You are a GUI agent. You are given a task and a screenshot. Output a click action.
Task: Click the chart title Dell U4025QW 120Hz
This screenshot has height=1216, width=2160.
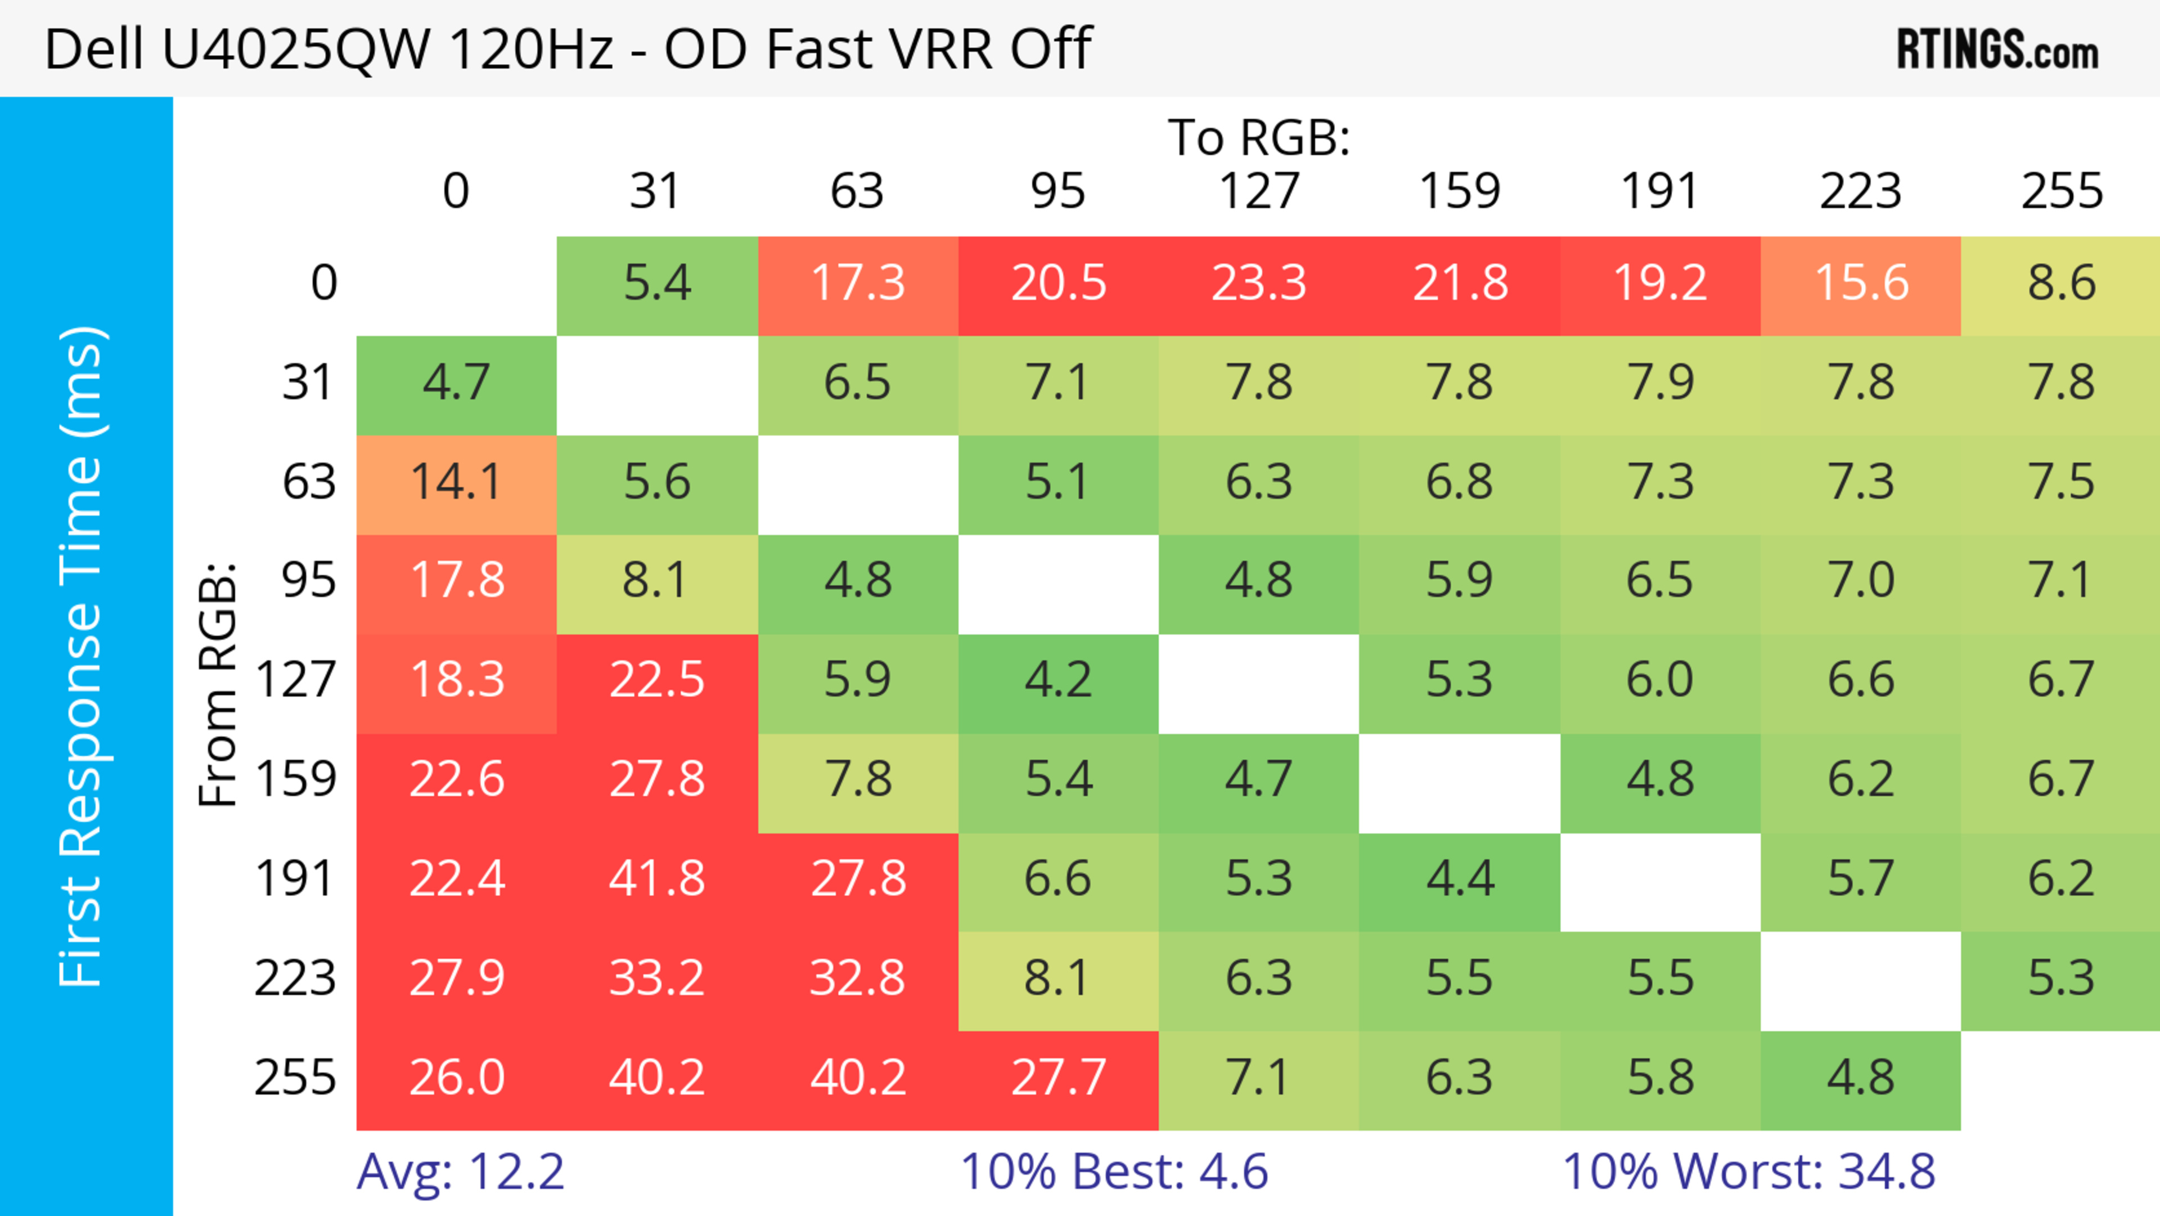(568, 48)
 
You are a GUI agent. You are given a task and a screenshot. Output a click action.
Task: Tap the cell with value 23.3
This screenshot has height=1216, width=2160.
(1259, 282)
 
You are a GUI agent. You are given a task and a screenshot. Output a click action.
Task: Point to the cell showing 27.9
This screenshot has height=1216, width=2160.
(456, 979)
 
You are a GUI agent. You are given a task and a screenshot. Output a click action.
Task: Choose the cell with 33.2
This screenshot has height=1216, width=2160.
(656, 979)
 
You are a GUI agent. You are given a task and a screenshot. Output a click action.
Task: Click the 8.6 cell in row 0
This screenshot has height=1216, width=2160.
(2061, 282)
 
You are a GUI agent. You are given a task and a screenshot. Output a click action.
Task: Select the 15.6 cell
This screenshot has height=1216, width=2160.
(1861, 282)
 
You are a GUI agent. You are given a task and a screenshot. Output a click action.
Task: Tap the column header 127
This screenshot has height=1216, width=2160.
(1259, 191)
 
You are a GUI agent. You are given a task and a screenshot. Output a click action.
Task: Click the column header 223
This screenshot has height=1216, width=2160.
(1861, 191)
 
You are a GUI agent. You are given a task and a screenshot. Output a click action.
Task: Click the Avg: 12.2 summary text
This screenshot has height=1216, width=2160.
(460, 1172)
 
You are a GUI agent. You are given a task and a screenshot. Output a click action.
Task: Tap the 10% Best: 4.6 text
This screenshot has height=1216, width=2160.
(1114, 1172)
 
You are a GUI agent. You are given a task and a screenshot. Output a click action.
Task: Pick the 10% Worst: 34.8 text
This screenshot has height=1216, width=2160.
(1748, 1172)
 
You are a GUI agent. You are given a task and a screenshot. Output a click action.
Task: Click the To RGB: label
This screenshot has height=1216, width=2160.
(1259, 137)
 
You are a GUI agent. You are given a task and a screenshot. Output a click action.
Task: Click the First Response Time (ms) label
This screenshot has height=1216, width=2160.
(82, 656)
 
